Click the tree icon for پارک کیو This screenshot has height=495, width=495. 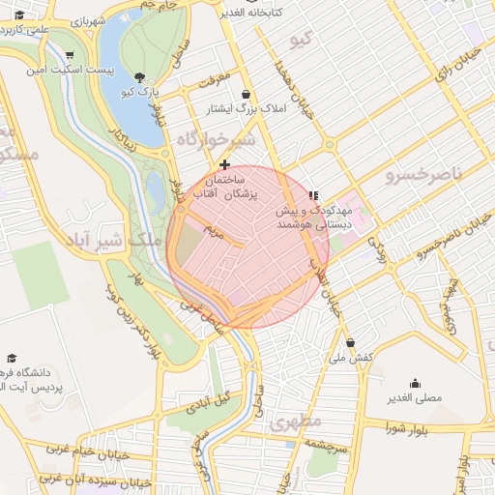[x=140, y=77]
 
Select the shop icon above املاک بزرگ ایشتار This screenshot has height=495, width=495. [x=246, y=95]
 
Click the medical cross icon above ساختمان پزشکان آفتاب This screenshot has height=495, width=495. [x=225, y=164]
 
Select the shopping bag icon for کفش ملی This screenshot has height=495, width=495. [x=350, y=342]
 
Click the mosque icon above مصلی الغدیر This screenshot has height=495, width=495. [x=415, y=383]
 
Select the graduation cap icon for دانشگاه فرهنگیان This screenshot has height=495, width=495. [x=12, y=358]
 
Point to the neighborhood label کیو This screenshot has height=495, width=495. [x=301, y=41]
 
